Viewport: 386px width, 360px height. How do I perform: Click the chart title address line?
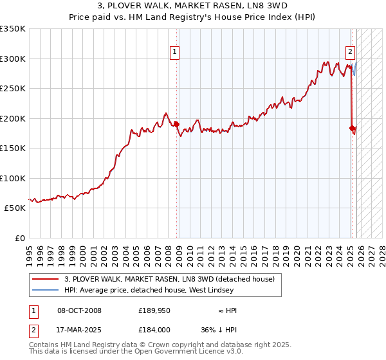(193, 6)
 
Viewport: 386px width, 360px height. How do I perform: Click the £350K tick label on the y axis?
(13, 29)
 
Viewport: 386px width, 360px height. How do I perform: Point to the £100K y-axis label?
(13, 178)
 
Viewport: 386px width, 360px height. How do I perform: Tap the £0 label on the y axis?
(19, 238)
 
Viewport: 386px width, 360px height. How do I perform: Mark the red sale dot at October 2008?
(176, 124)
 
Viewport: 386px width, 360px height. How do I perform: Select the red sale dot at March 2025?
(352, 128)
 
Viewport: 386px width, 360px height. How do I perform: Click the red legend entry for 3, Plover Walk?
(169, 279)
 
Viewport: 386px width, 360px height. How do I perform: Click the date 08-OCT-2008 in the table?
(79, 310)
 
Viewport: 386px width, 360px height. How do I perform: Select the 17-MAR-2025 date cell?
(79, 329)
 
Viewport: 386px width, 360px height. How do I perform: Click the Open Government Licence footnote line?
(136, 351)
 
